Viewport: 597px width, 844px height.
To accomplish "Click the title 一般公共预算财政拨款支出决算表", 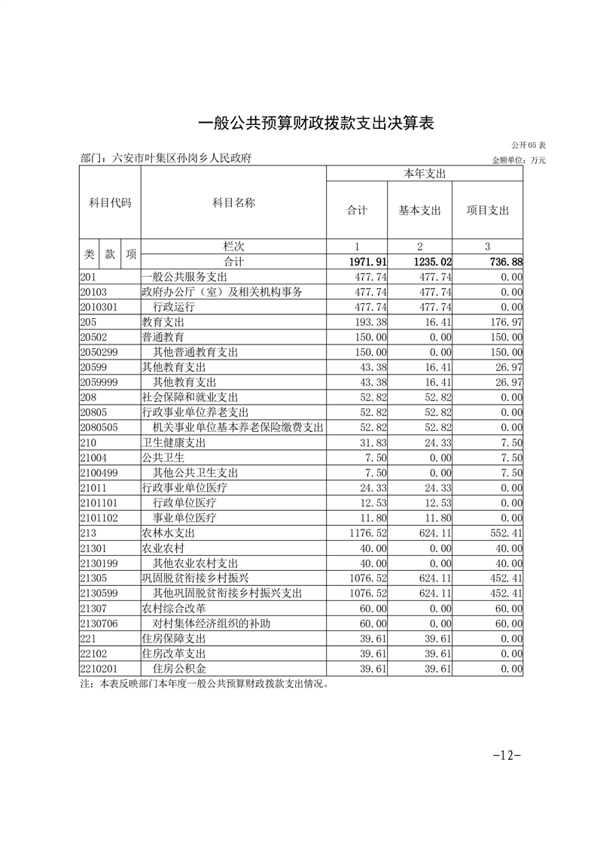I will point(315,123).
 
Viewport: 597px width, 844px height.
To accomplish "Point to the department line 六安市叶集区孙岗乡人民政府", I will point(165,159).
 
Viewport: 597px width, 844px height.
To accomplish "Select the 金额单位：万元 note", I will point(519,160).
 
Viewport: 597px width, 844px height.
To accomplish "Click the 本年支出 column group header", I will point(425,174).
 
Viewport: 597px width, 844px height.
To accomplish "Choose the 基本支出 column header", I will point(419,211).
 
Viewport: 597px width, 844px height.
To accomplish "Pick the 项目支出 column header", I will point(487,211).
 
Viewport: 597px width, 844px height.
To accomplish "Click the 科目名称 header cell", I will point(233,202).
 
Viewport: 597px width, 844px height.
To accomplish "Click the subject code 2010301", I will point(99,307).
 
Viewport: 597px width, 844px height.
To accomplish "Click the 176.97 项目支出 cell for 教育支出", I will point(506,322).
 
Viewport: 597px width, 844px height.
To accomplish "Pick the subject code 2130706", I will point(99,623).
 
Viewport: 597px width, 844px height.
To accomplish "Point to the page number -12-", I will point(506,755).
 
